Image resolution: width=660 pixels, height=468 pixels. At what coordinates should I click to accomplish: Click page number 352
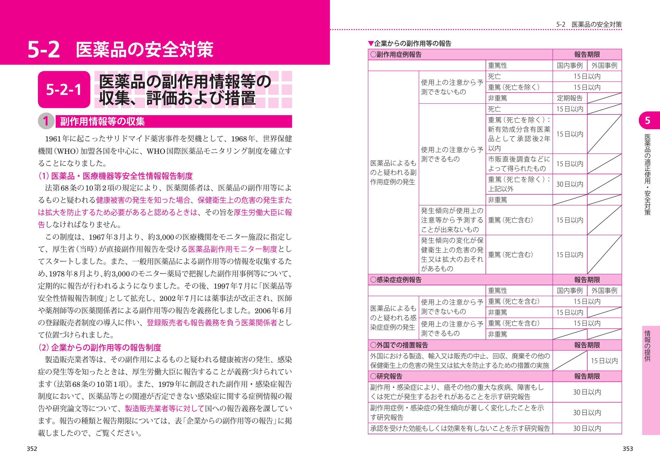tap(32, 449)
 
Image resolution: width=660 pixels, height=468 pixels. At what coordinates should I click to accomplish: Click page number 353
tap(628, 449)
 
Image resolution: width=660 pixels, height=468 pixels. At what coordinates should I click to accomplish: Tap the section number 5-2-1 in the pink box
tap(64, 90)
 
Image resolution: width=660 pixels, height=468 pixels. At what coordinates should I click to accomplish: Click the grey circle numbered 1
tap(46, 121)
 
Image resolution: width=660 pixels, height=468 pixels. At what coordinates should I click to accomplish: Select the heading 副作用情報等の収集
tap(102, 121)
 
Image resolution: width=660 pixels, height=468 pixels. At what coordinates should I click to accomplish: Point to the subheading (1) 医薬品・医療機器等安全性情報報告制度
tap(115, 176)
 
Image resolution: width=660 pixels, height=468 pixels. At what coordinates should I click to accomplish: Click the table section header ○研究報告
tap(386, 376)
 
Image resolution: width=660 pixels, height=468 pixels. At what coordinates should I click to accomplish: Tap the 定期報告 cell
tap(570, 98)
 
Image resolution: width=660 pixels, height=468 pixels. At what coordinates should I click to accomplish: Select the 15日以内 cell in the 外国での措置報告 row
tap(604, 361)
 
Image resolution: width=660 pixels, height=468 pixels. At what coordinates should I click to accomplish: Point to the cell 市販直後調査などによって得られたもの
tap(519, 163)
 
